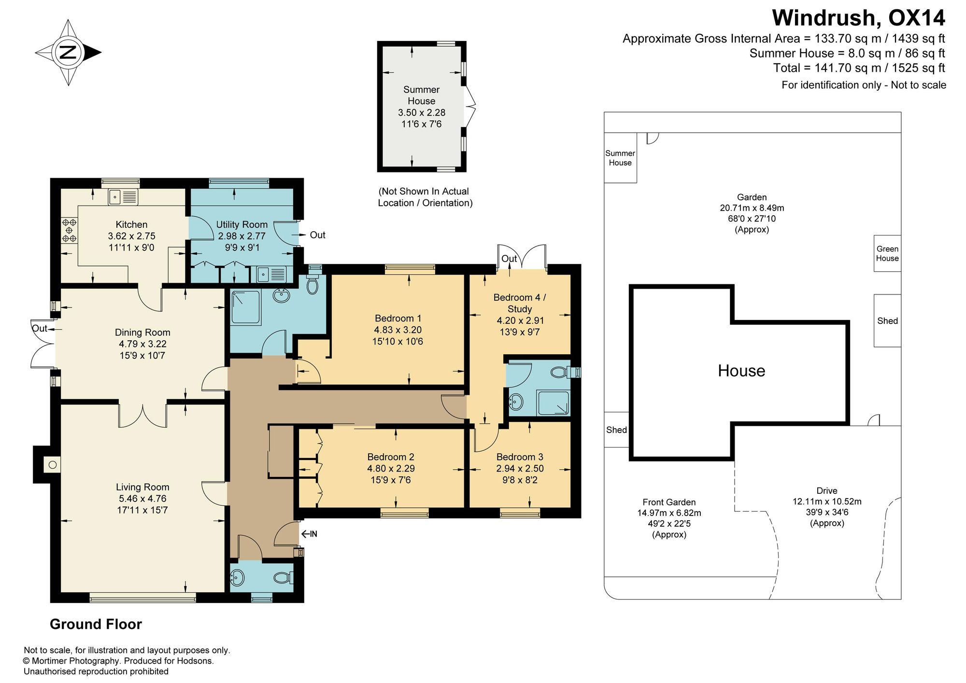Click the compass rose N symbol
(x=68, y=52)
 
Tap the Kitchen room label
(x=131, y=224)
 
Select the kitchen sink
(x=123, y=197)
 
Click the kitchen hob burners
(x=69, y=230)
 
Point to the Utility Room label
(x=241, y=224)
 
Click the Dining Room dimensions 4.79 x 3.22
(x=142, y=344)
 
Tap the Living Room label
(x=142, y=487)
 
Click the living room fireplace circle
(x=53, y=465)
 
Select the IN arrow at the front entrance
(x=309, y=534)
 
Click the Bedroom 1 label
(x=398, y=319)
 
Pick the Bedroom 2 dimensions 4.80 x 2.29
(x=391, y=468)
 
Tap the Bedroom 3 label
(x=520, y=457)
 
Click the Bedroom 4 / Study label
(x=520, y=303)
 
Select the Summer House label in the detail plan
(x=422, y=95)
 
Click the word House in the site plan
(x=741, y=371)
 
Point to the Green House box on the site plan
(x=887, y=253)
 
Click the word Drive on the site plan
(x=827, y=490)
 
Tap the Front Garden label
(x=669, y=502)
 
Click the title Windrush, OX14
(x=858, y=18)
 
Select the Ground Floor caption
(x=96, y=624)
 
